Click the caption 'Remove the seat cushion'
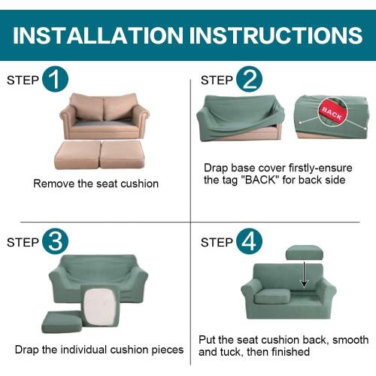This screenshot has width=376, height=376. pyautogui.click(x=96, y=183)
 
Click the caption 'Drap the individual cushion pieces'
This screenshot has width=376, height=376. pyautogui.click(x=99, y=350)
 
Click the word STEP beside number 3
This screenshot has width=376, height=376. pyautogui.click(x=23, y=243)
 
